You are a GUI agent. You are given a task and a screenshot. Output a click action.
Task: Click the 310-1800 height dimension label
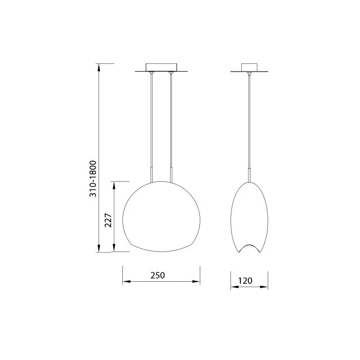tap(93, 179)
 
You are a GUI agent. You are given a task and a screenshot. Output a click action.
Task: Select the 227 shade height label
tap(108, 220)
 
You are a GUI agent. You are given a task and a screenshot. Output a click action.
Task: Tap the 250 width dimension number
tap(158, 275)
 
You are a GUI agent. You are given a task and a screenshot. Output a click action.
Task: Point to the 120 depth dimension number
tap(245, 280)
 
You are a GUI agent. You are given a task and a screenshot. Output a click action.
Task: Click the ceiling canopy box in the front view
tap(162, 67)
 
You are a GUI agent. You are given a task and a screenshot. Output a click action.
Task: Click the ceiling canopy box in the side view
tap(249, 67)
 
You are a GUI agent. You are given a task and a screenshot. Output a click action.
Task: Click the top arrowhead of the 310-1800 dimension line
tap(99, 67)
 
